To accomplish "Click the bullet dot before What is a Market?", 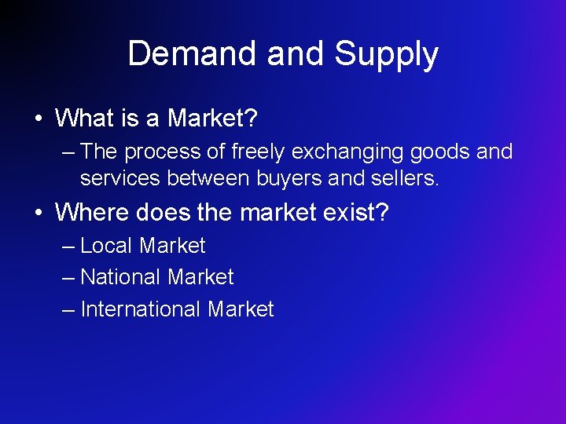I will click(38, 119).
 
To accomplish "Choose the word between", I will click(208, 179).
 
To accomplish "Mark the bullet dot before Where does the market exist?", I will click(38, 213).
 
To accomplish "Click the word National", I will click(118, 277).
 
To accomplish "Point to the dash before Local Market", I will click(68, 247).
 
